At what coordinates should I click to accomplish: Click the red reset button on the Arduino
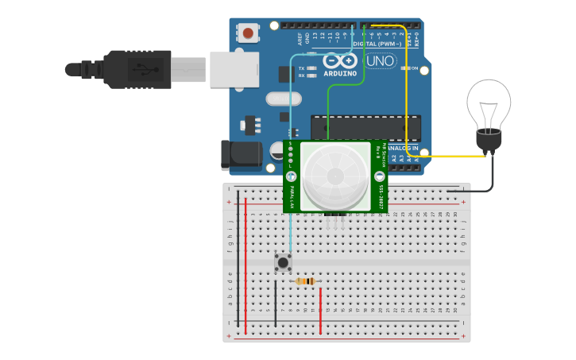point(249,33)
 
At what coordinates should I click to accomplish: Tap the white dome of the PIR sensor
point(332,176)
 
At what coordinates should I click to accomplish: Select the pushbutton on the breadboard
point(283,261)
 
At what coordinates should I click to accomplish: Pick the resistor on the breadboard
point(305,281)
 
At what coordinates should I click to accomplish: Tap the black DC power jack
point(241,155)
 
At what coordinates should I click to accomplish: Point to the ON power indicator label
point(414,68)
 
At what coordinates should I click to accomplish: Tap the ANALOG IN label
point(404,148)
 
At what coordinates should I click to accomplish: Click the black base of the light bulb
point(487,141)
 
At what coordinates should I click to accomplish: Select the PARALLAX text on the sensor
point(292,197)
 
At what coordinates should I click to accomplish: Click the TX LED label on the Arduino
point(301,68)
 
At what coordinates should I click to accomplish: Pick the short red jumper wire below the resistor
point(320,309)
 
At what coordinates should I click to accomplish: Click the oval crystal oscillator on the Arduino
point(284,99)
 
